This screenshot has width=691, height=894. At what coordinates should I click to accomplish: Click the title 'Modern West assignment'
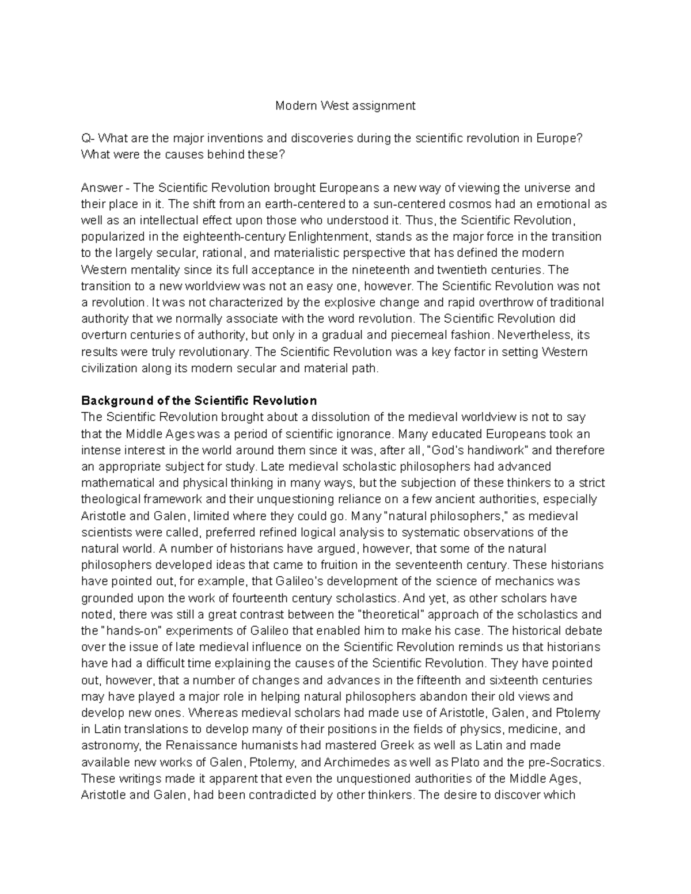coord(345,106)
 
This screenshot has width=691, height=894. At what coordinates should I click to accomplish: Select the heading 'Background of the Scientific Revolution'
coord(199,401)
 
